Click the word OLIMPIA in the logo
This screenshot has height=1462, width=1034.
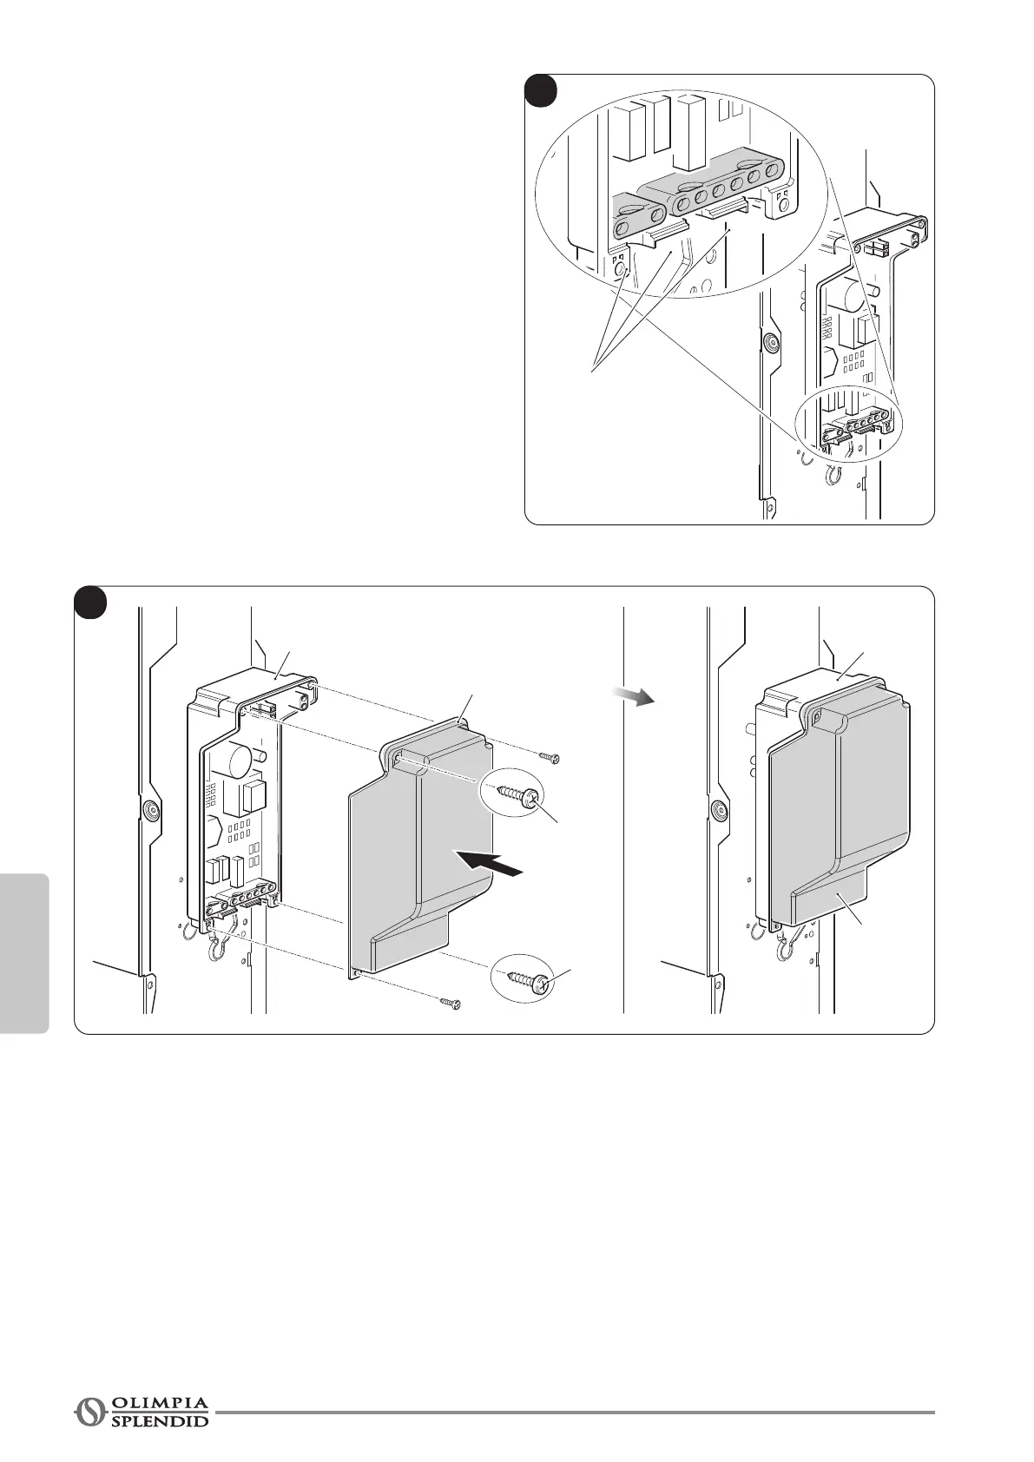click(160, 1402)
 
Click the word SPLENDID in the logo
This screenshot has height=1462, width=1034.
click(160, 1421)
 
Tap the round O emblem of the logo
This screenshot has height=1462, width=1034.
click(89, 1412)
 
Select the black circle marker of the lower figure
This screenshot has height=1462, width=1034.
click(90, 603)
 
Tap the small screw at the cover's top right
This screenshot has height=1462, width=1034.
click(548, 757)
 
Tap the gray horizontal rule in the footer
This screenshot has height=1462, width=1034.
click(573, 1413)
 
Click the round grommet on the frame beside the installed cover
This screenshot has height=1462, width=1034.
click(719, 809)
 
